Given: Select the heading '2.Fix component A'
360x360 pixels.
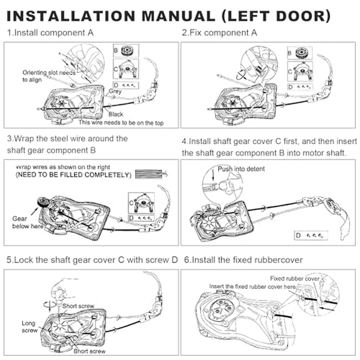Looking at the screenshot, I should (220, 33).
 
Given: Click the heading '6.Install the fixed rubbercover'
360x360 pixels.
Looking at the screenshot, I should (247, 260).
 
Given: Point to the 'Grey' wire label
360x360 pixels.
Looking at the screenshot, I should (115, 91).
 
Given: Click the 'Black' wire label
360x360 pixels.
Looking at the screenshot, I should (116, 114).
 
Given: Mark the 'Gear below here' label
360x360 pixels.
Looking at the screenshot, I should (20, 222).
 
